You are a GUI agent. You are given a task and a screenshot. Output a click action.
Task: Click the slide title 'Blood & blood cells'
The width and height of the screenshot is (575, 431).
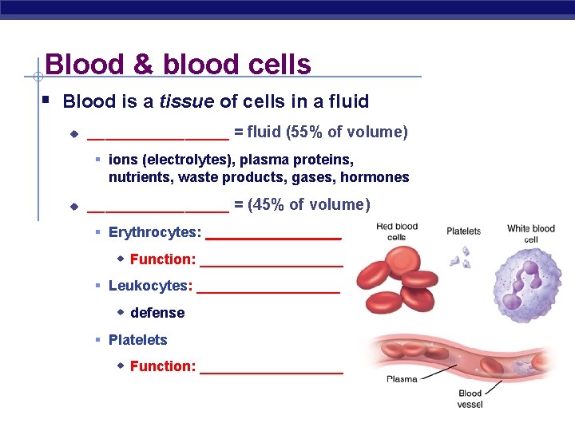pyautogui.click(x=177, y=64)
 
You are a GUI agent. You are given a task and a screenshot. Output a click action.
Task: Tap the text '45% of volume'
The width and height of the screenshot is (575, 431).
pyautogui.click(x=311, y=205)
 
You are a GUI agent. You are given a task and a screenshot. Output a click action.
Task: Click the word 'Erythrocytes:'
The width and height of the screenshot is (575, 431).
pyautogui.click(x=154, y=232)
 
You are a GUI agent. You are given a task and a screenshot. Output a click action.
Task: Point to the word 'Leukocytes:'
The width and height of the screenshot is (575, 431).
pyautogui.click(x=150, y=286)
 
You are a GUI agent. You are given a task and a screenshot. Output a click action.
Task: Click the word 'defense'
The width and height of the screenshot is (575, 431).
pyautogui.click(x=157, y=313)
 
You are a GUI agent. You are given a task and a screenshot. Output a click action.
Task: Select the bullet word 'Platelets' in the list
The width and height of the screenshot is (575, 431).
pyautogui.click(x=137, y=340)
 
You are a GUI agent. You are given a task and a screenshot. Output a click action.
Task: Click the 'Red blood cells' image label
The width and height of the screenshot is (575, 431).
pyautogui.click(x=396, y=231)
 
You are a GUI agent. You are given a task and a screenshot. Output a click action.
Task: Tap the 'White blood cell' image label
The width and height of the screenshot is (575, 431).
pyautogui.click(x=530, y=234)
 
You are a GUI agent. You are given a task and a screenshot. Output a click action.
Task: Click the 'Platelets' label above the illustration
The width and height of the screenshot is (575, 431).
pyautogui.click(x=463, y=231)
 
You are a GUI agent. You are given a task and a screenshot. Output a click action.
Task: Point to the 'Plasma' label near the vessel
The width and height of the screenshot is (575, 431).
pyautogui.click(x=402, y=379)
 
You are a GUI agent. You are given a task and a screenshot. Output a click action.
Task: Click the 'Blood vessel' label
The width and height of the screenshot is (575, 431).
pyautogui.click(x=470, y=398)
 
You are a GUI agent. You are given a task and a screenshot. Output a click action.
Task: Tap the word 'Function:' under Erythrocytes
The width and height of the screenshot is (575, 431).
pyautogui.click(x=162, y=259)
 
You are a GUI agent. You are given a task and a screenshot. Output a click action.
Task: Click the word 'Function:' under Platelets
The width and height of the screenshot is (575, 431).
pyautogui.click(x=162, y=366)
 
